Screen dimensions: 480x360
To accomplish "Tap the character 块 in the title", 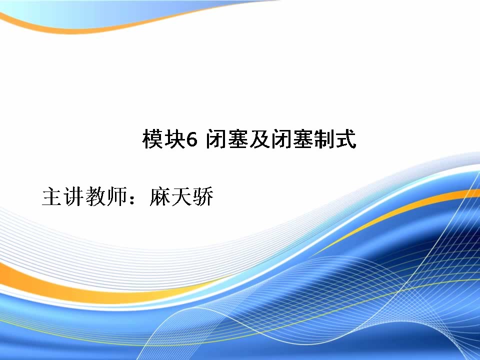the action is pyautogui.click(x=174, y=139).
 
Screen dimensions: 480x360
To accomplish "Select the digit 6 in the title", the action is pyautogui.click(x=191, y=140).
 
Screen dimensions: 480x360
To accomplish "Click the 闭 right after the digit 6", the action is pyautogui.click(x=216, y=139).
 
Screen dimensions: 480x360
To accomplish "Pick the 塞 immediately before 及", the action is pyautogui.click(x=238, y=139).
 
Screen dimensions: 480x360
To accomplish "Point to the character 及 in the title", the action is pyautogui.click(x=259, y=139).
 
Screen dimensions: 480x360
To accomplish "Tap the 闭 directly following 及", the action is pyautogui.click(x=281, y=139).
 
